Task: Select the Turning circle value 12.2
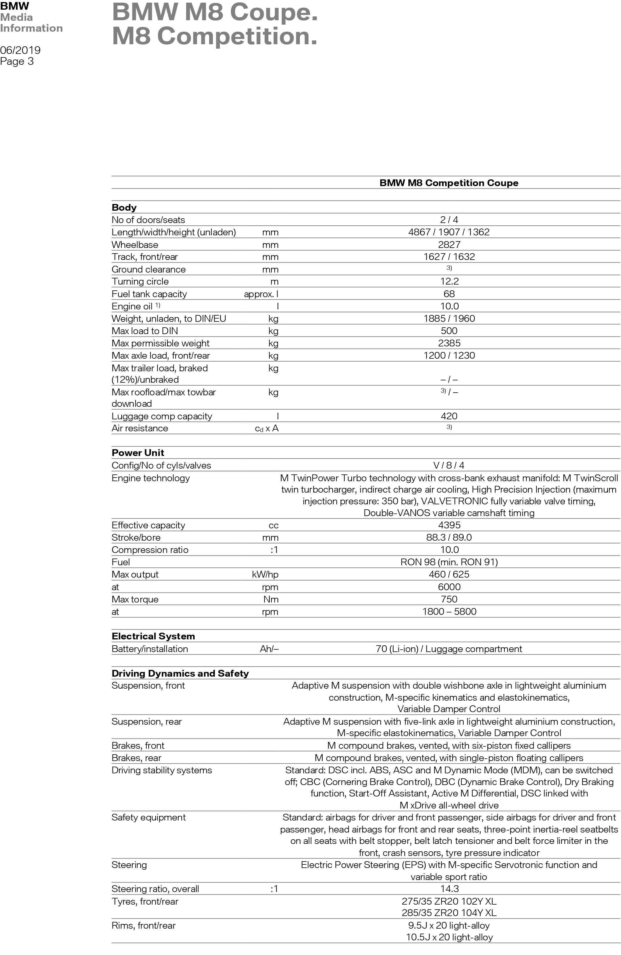[x=449, y=281]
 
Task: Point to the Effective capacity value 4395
[x=449, y=525]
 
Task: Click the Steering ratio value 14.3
[x=449, y=889]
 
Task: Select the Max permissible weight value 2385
[x=449, y=343]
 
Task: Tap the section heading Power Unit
[x=138, y=453]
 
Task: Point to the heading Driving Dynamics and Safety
[x=180, y=673]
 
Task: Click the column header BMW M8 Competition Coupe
[x=449, y=183]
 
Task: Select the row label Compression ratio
[x=150, y=550]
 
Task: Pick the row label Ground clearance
[x=149, y=269]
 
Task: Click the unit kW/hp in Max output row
[x=265, y=574]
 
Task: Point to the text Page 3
[x=17, y=62]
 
